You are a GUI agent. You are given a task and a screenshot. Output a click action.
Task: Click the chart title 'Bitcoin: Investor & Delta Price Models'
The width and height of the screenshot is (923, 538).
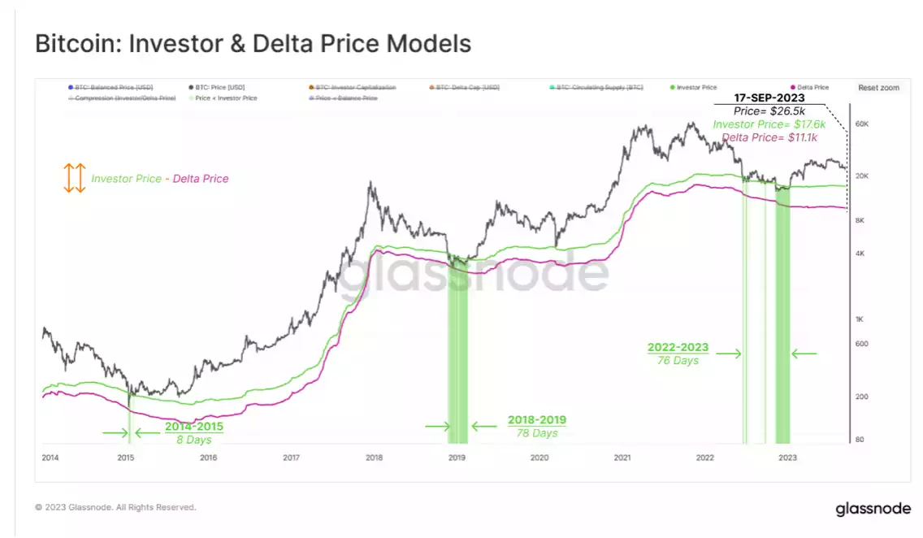(253, 43)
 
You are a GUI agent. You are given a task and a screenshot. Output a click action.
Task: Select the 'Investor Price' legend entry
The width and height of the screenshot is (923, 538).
(696, 87)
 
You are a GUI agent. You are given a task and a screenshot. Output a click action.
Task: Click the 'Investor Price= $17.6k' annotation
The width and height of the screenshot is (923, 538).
(769, 124)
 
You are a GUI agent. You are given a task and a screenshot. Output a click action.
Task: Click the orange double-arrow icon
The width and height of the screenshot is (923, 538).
(75, 178)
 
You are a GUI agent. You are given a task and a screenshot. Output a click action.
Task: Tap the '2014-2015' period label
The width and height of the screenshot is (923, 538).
(193, 426)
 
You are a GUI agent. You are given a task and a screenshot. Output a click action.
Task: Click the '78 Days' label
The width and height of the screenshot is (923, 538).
(537, 433)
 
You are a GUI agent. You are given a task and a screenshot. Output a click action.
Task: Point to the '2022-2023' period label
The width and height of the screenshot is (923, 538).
(678, 347)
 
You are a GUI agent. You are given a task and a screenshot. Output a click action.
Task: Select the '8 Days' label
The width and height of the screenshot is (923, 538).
(193, 440)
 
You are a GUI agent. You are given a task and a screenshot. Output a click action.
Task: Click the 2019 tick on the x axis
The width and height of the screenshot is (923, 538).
(457, 458)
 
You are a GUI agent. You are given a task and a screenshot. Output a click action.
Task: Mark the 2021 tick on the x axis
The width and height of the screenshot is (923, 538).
(622, 458)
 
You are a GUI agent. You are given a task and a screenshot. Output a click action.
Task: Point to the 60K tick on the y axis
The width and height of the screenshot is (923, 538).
(861, 124)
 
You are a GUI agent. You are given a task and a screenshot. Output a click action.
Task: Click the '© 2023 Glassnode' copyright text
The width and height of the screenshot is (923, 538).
(115, 507)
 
